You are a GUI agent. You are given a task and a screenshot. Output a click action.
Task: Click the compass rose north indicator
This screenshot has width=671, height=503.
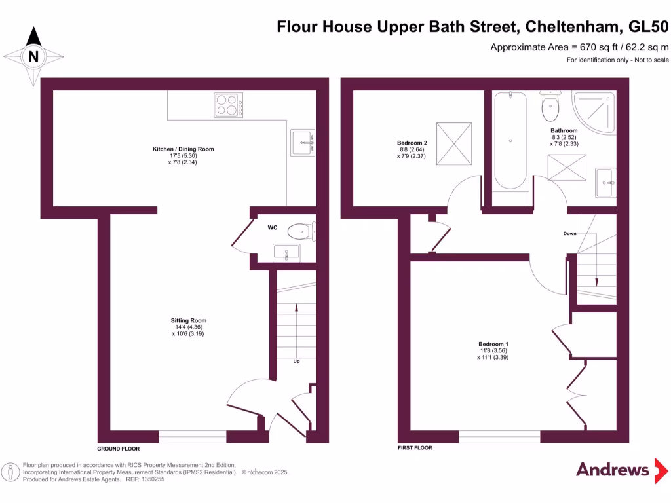[33, 56]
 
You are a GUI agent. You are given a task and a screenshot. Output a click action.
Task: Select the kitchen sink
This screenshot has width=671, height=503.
[303, 142]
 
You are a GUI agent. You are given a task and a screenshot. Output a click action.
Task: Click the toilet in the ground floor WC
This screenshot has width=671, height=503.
[301, 231]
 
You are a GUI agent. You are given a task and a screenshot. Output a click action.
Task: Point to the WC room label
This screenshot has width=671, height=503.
[273, 228]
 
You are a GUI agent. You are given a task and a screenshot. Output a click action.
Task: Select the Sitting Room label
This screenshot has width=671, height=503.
[189, 321]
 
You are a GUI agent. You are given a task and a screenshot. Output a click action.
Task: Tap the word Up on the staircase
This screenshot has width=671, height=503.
[296, 360]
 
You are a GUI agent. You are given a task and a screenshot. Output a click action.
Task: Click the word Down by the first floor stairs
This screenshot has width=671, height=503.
[569, 234]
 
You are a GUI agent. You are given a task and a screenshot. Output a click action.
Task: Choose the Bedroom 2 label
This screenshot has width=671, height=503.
[412, 143]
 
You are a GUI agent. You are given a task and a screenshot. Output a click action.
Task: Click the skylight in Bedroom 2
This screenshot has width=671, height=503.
[455, 144]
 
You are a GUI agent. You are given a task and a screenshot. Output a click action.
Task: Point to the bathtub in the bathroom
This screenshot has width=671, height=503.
[510, 140]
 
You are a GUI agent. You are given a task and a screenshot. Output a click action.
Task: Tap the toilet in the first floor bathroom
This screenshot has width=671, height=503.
[549, 104]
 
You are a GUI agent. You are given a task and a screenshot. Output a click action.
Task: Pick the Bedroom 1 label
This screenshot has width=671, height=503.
[493, 345]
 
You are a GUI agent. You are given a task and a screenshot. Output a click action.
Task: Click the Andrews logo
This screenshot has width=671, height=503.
[612, 469]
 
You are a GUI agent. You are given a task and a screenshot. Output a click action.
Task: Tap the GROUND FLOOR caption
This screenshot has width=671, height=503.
[119, 449]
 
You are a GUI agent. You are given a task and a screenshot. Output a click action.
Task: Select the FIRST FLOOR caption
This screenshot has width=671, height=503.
[415, 449]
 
